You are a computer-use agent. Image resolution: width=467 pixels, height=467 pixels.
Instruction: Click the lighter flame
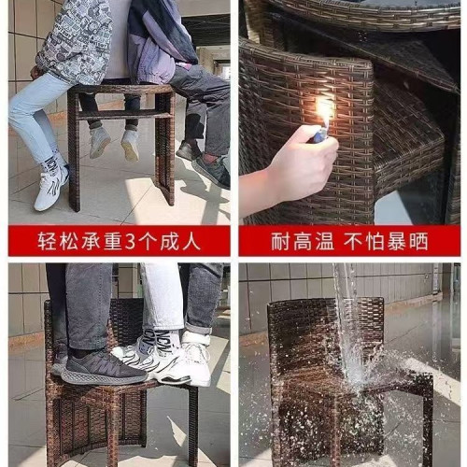[323, 113]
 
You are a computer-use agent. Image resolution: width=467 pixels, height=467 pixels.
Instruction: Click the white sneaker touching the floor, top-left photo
[51, 187]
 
